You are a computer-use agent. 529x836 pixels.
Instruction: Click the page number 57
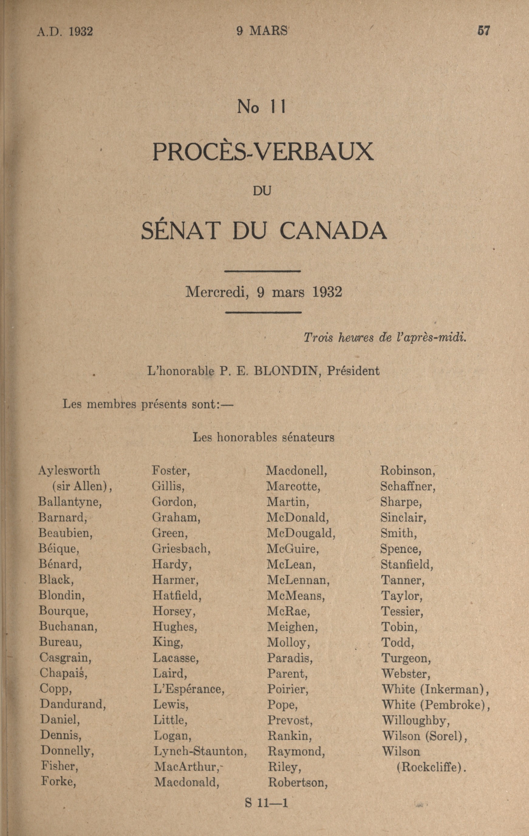[483, 31]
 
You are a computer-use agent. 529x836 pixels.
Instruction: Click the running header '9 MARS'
[262, 31]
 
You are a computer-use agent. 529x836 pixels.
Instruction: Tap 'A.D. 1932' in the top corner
[65, 32]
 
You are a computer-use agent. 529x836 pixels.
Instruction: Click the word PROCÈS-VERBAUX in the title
[263, 152]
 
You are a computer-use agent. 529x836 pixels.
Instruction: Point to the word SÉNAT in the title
[181, 231]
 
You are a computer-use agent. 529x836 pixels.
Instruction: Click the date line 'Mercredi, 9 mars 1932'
[264, 292]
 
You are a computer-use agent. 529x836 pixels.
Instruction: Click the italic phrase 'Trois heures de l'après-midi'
[384, 338]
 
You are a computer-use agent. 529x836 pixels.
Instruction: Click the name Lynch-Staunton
[200, 751]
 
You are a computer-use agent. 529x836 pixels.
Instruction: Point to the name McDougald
[301, 533]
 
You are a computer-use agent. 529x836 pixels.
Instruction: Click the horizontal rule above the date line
[263, 271]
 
